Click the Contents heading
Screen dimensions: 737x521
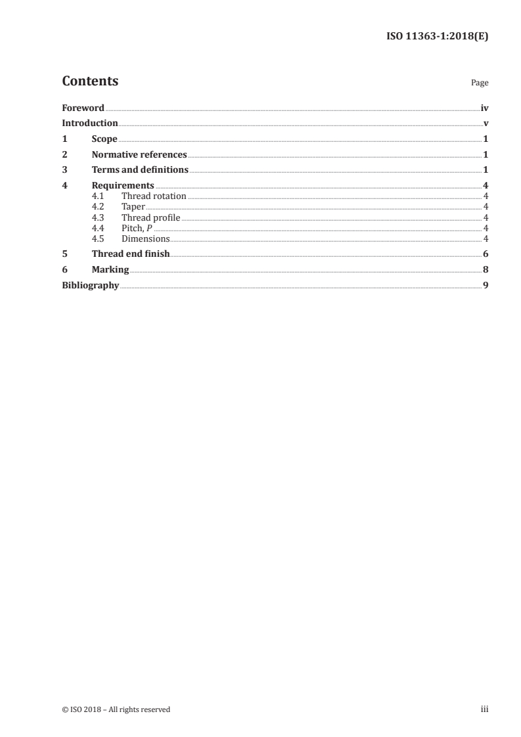pos(90,81)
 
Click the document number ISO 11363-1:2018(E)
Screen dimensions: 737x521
pos(436,37)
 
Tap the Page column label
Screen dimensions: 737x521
pos(480,83)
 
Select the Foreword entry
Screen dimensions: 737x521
pos(83,108)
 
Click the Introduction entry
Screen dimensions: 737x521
pos(90,123)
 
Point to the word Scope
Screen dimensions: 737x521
pos(104,139)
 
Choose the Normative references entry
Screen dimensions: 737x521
pos(139,155)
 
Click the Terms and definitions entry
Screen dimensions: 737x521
pos(140,171)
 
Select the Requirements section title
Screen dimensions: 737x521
pos(123,186)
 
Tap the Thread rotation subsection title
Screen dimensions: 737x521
pos(154,196)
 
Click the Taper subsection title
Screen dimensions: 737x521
pos(133,207)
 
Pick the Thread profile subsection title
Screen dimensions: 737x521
pos(150,217)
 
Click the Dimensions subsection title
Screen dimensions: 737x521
pos(145,238)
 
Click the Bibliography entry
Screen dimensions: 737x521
pos(90,286)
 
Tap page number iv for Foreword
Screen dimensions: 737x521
pos(484,108)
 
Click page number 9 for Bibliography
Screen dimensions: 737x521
pos(486,286)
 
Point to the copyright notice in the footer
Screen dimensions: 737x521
pos(116,709)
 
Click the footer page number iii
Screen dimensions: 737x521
pos(485,709)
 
